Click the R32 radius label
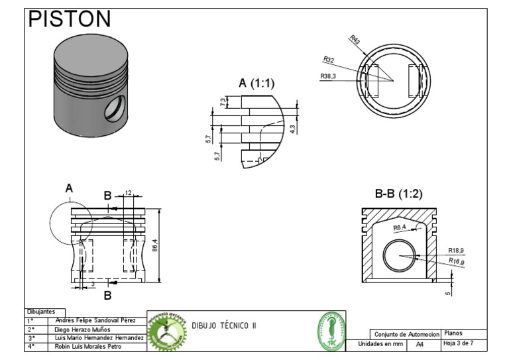pyautogui.click(x=329, y=60)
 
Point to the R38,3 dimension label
pyautogui.click(x=329, y=76)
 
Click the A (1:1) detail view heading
pyautogui.click(x=256, y=83)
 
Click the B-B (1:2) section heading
pyautogui.click(x=398, y=194)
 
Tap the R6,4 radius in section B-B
pyautogui.click(x=400, y=227)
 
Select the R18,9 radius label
pyautogui.click(x=455, y=250)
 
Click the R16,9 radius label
pyautogui.click(x=455, y=262)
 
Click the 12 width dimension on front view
pyautogui.click(x=128, y=193)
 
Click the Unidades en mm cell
pyautogui.click(x=381, y=345)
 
